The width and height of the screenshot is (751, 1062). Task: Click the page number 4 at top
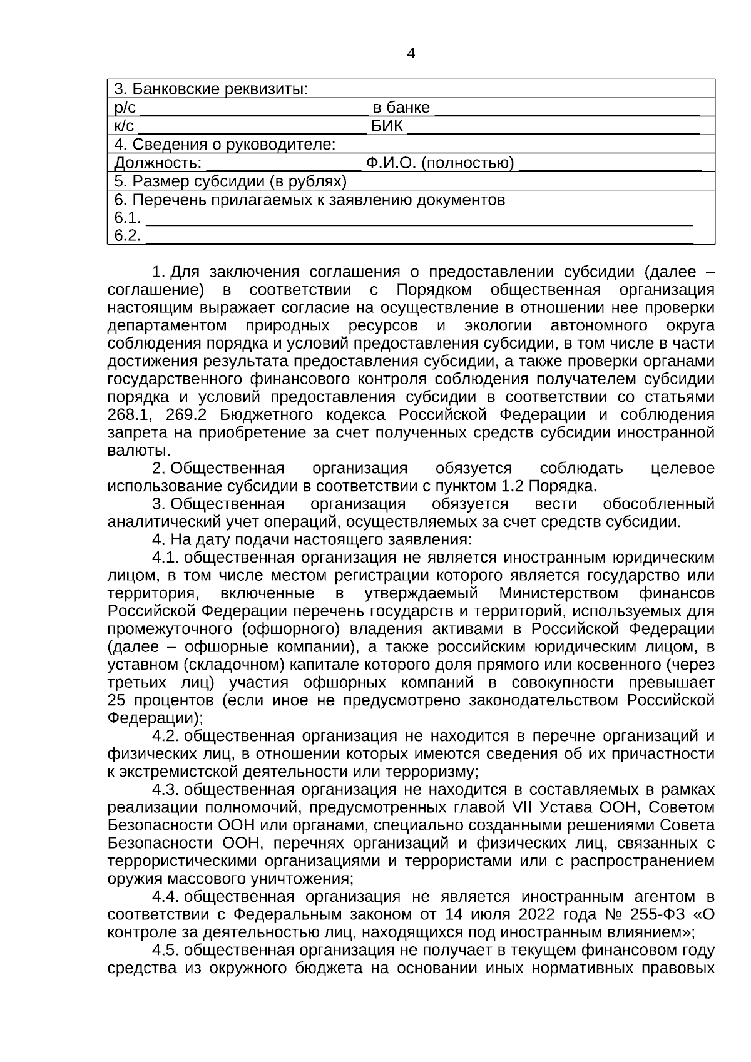[x=411, y=54]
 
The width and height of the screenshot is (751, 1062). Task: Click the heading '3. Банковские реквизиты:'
[x=211, y=89]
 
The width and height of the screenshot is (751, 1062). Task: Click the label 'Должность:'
[x=158, y=164]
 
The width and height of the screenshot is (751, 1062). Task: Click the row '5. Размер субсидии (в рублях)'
[x=230, y=182]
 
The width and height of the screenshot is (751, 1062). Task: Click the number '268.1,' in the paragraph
[x=132, y=415]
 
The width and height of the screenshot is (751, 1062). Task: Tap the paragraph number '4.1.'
[x=166, y=558]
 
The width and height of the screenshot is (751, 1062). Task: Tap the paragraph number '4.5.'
[x=166, y=950]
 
